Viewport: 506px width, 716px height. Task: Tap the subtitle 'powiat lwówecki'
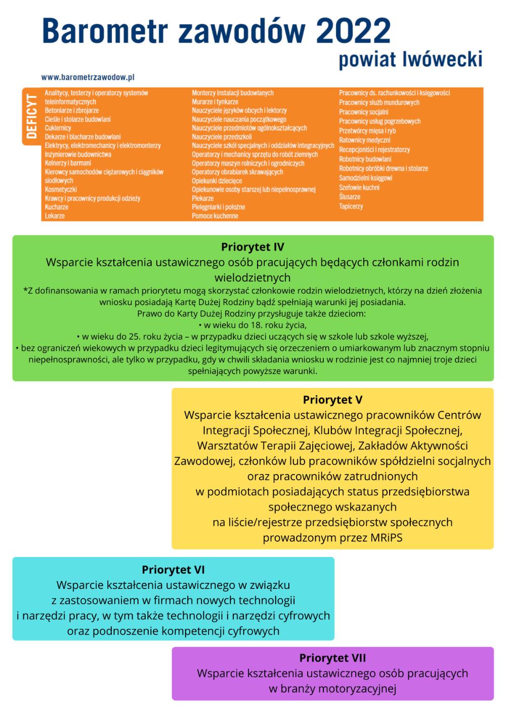[410, 59]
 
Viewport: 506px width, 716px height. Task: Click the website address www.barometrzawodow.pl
[88, 77]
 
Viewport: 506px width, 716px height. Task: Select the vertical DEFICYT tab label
[32, 116]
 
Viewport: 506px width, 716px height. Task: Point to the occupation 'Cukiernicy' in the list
[58, 128]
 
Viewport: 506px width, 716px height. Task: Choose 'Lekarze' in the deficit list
[55, 216]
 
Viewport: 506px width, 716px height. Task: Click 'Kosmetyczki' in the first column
[61, 189]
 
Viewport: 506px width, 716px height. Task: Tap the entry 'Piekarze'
[203, 198]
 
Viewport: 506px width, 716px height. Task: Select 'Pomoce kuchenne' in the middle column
[215, 216]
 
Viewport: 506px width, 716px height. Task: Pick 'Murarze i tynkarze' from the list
[215, 102]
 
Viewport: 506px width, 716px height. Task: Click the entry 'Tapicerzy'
[351, 207]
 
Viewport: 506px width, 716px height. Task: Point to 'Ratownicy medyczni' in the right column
[364, 140]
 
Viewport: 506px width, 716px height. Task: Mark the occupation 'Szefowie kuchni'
[359, 187]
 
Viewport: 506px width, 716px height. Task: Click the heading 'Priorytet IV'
[252, 247]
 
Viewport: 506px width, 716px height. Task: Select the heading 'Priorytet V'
[332, 400]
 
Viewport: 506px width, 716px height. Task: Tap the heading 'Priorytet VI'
[173, 570]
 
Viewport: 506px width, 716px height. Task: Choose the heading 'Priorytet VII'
[332, 658]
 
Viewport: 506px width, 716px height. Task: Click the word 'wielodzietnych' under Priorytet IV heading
[252, 277]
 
